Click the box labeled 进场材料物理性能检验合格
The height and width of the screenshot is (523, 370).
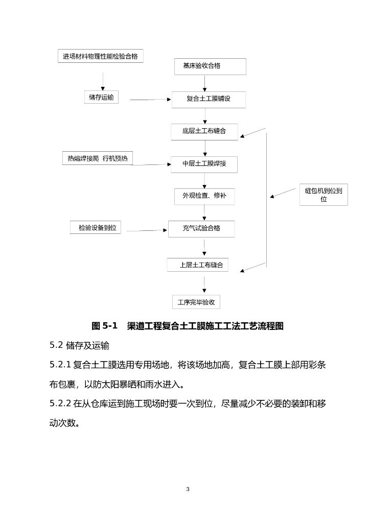[x=100, y=56]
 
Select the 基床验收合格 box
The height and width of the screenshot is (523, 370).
[x=210, y=66]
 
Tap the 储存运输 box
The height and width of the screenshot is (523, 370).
[x=101, y=97]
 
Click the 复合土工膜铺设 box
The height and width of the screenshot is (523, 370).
[x=209, y=99]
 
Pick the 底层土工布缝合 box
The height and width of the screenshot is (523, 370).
[x=204, y=131]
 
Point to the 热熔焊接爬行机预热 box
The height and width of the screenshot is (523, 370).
[x=97, y=158]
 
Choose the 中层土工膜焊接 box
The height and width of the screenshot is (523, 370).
[x=204, y=164]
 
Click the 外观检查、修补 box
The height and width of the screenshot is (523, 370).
[x=204, y=196]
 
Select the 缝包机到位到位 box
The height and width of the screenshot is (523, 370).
[x=323, y=195]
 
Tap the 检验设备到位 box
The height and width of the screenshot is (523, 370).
[x=96, y=228]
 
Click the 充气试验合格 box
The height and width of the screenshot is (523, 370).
[x=201, y=228]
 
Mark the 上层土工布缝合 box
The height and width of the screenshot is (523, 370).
[x=198, y=265]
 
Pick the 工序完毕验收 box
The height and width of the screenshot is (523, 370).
[x=196, y=302]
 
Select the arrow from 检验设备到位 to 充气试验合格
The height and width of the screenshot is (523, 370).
[x=147, y=231]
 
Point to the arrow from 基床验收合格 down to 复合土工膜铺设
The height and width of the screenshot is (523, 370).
[x=205, y=83]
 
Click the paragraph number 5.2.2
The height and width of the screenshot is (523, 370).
[x=60, y=404]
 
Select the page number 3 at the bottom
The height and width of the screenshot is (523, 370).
[x=188, y=489]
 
